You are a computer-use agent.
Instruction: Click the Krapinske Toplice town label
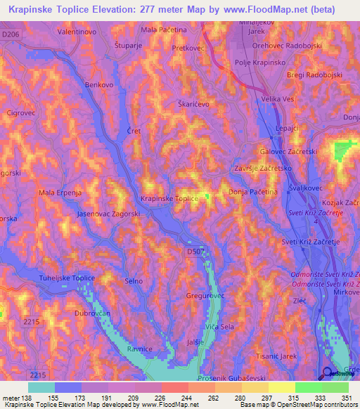tap(169, 199)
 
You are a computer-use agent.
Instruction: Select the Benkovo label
tap(99, 84)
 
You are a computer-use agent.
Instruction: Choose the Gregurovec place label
tap(205, 297)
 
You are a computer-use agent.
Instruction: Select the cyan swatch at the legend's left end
tap(41, 387)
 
